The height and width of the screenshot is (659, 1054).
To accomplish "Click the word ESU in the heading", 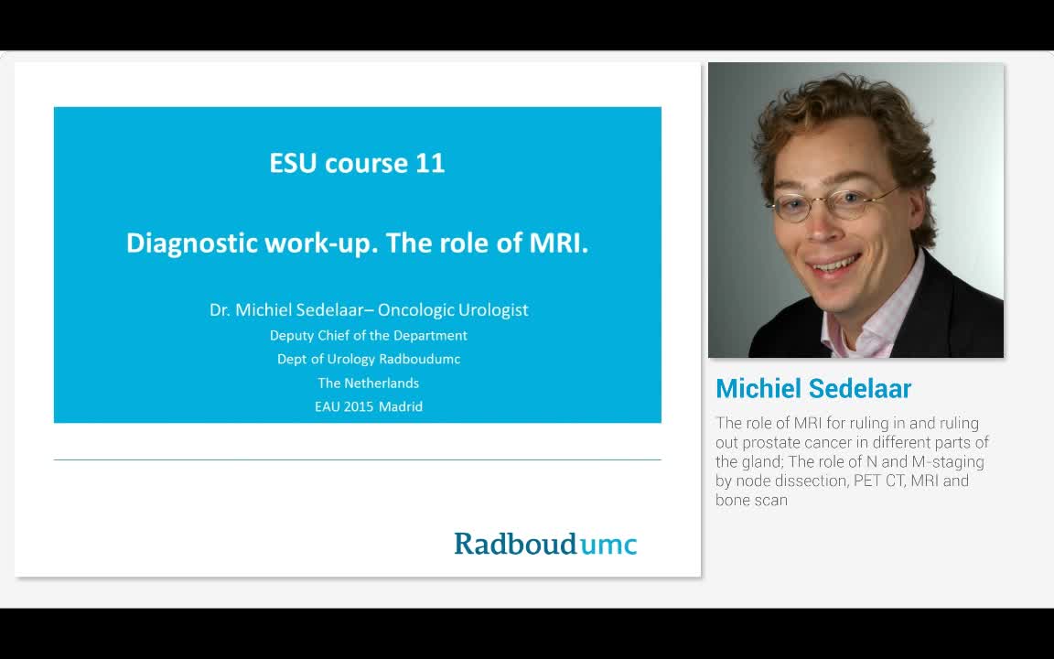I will [294, 163].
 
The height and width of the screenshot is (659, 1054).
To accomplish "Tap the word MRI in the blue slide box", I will [556, 243].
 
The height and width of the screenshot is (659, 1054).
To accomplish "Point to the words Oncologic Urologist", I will [453, 310].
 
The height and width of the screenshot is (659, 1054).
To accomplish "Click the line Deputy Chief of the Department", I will [369, 335].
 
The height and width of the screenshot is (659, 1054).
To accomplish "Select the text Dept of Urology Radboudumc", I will [369, 359].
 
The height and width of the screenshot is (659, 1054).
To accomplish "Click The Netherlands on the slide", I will [369, 383].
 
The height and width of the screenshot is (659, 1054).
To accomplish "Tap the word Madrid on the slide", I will [400, 406].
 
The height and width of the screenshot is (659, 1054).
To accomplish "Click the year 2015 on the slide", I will [359, 406].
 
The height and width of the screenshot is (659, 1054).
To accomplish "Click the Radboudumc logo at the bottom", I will [545, 544].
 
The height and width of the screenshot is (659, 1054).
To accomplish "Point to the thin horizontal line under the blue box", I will [357, 459].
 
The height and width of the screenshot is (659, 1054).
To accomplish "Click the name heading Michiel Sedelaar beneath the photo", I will [813, 388].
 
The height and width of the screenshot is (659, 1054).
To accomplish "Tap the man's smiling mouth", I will [834, 265].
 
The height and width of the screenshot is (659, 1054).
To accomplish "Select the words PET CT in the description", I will [877, 481].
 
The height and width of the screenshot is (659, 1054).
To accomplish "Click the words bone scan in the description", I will [751, 500].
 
